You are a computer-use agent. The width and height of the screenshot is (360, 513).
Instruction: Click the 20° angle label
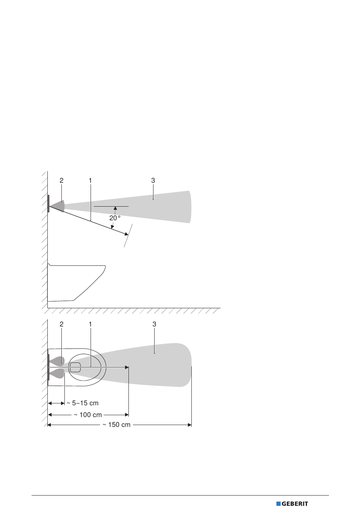click(115, 218)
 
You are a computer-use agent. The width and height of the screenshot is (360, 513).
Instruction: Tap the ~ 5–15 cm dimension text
click(82, 403)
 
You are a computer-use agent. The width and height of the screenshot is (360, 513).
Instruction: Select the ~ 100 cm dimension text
click(88, 415)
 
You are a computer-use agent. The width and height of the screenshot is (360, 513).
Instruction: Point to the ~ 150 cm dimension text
click(116, 425)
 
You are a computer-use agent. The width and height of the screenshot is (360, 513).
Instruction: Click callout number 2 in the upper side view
click(61, 180)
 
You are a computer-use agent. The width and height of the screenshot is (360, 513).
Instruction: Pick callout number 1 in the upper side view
click(90, 180)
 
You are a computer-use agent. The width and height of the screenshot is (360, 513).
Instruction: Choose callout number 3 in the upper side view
click(153, 180)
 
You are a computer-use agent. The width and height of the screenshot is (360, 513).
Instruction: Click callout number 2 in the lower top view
click(61, 324)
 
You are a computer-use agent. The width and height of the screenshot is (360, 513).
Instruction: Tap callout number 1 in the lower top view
click(90, 324)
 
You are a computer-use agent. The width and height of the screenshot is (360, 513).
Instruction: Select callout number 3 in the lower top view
click(154, 324)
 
